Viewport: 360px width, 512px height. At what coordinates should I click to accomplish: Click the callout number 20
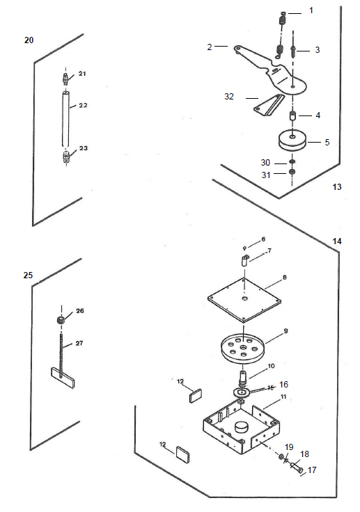[29, 40]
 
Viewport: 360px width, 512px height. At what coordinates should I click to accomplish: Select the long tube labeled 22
[66, 119]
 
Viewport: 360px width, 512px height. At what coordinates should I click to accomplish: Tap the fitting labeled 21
[65, 79]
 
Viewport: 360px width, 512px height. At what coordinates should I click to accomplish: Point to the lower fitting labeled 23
[66, 157]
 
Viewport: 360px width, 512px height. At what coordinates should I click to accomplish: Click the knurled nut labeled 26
[61, 320]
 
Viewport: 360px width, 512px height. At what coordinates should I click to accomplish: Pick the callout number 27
[79, 343]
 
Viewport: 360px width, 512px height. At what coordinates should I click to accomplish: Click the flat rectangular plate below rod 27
[63, 378]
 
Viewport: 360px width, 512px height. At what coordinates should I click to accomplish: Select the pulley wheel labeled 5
[292, 141]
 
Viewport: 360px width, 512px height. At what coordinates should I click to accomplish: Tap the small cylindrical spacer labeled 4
[293, 116]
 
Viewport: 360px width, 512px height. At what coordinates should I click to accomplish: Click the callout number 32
[229, 97]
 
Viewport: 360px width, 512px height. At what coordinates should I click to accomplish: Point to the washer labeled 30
[292, 162]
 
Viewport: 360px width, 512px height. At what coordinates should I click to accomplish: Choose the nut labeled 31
[292, 172]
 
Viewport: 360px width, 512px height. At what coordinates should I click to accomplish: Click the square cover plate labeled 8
[244, 299]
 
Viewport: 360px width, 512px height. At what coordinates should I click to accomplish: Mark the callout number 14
[337, 241]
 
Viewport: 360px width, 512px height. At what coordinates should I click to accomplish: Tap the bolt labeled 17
[296, 468]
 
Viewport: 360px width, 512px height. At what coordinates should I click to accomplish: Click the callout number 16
[283, 384]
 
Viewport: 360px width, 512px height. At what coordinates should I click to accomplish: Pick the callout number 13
[337, 186]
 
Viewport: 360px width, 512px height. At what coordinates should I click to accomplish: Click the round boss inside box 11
[242, 426]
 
